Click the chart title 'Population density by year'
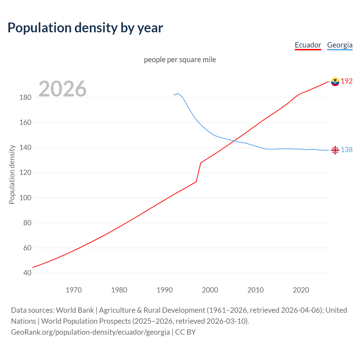85,28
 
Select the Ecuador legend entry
308,45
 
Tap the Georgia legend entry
339,45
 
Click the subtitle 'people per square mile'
180,60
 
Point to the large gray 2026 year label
62,89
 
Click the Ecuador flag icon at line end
335,82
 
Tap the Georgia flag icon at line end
335,150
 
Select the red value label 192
346,81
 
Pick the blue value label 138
346,150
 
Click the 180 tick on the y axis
25,98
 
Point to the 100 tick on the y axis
25,198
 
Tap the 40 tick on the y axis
27,273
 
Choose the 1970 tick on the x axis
74,290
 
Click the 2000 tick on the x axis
210,290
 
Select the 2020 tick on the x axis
301,290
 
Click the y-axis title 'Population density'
12,174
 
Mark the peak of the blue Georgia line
178,93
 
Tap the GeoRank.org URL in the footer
90,332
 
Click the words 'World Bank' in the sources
75,310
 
